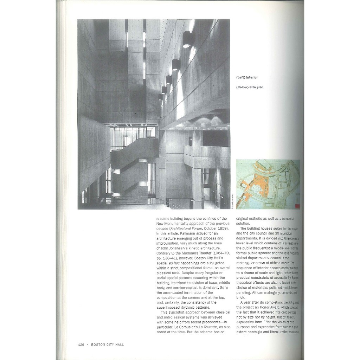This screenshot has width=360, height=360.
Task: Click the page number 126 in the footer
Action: tap(81, 345)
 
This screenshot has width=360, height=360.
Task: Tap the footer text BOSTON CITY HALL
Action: tap(107, 345)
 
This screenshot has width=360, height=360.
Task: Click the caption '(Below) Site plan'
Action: tap(250, 88)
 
